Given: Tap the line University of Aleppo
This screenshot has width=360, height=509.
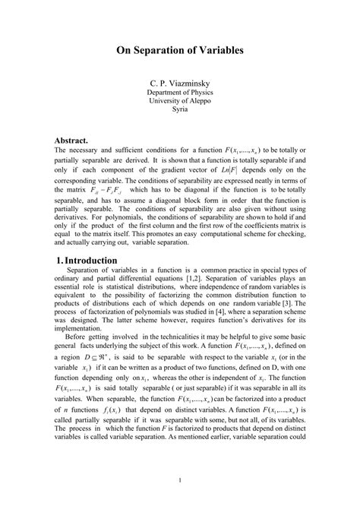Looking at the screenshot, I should (179, 100).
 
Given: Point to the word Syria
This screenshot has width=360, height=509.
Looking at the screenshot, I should (179, 109).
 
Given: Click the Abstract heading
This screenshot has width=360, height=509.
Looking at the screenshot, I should (77, 140).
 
